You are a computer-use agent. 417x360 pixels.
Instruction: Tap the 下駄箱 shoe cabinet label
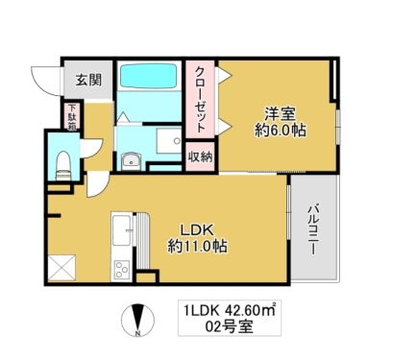coord(72,117)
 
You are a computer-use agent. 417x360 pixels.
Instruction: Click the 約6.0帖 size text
coord(280,129)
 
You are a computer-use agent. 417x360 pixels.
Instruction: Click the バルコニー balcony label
coord(313,229)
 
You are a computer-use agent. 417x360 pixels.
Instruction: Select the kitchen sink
coord(122,233)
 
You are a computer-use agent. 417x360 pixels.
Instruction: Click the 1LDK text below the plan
coord(200,311)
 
